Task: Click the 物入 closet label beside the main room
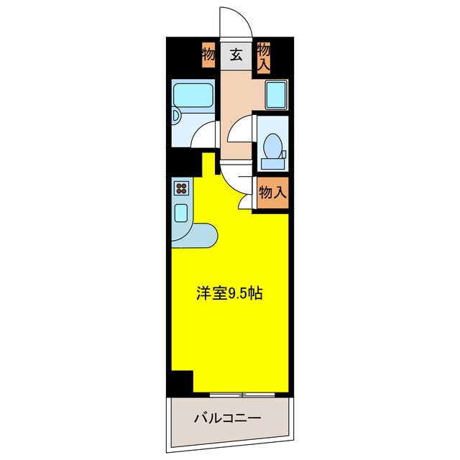[x=272, y=192]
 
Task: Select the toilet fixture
[x=273, y=147]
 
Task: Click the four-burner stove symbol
[x=181, y=190]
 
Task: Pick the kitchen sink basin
[x=181, y=213]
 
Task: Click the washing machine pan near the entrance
[x=276, y=94]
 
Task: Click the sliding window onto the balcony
[x=243, y=394]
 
